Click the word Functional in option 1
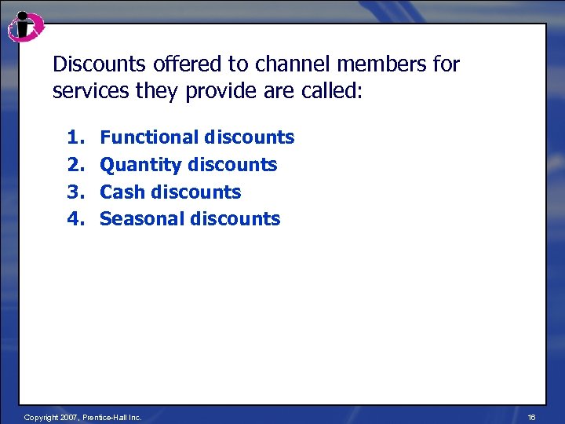point(149,137)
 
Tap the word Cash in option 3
point(122,192)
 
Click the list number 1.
point(75,137)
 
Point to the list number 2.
point(75,165)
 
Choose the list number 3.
point(75,192)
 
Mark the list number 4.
point(75,218)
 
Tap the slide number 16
point(531,417)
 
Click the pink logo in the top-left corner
point(25,27)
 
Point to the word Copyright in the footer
point(40,417)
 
